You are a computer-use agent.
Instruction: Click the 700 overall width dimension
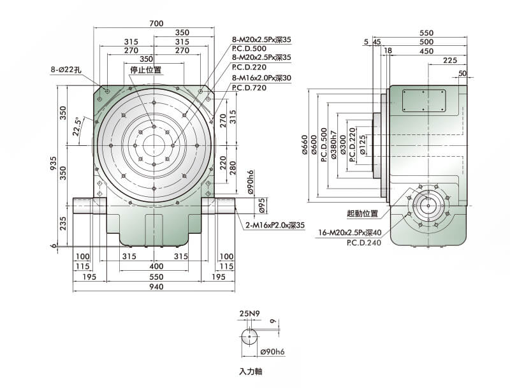point(156,24)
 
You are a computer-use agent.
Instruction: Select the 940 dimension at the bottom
point(156,286)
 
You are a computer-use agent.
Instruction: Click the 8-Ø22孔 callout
point(65,69)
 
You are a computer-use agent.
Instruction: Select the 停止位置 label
point(145,69)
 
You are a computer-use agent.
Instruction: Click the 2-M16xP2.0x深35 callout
point(275,225)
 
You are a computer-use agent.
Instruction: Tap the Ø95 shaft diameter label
point(261,205)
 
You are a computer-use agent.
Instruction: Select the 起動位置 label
point(362,213)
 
